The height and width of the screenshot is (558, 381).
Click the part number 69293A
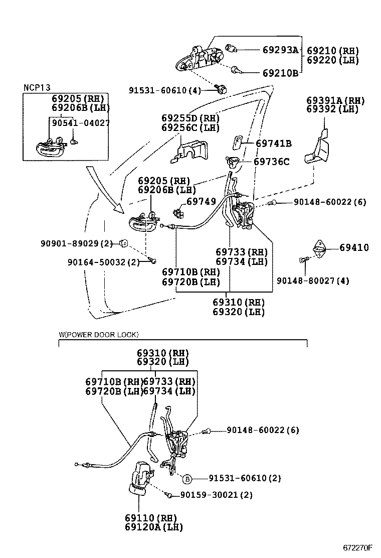click(280, 50)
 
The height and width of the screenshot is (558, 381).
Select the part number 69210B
click(280, 73)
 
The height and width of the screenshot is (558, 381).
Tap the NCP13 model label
click(37, 87)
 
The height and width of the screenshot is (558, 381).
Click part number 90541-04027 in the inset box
click(81, 122)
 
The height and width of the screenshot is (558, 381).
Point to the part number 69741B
click(273, 144)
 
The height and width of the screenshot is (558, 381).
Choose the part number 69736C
click(271, 162)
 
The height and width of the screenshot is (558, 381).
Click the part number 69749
click(201, 201)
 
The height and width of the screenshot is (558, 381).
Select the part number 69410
click(354, 247)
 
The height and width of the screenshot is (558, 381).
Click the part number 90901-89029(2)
click(76, 243)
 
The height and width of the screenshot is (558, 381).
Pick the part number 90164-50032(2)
click(104, 261)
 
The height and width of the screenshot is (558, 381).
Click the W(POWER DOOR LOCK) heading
click(98, 334)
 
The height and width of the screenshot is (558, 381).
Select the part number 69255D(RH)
click(183, 118)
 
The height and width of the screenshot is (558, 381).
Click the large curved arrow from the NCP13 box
click(103, 191)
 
